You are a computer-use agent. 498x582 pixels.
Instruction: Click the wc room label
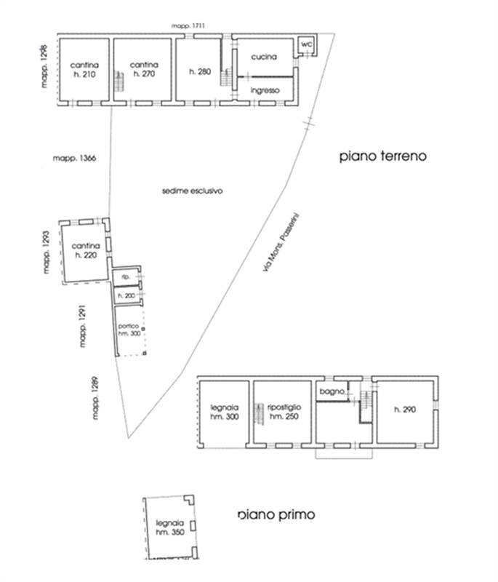306,44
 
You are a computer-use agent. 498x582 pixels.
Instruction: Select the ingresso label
265,90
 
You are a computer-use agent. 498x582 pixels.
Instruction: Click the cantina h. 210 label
84,70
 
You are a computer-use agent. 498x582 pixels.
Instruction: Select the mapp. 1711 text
189,26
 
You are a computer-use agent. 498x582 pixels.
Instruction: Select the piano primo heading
276,514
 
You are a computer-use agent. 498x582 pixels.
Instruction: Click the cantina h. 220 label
86,251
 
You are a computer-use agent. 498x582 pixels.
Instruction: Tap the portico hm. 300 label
129,328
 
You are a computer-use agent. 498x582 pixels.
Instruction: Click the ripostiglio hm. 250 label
283,411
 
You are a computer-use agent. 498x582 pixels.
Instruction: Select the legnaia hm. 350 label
166,527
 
